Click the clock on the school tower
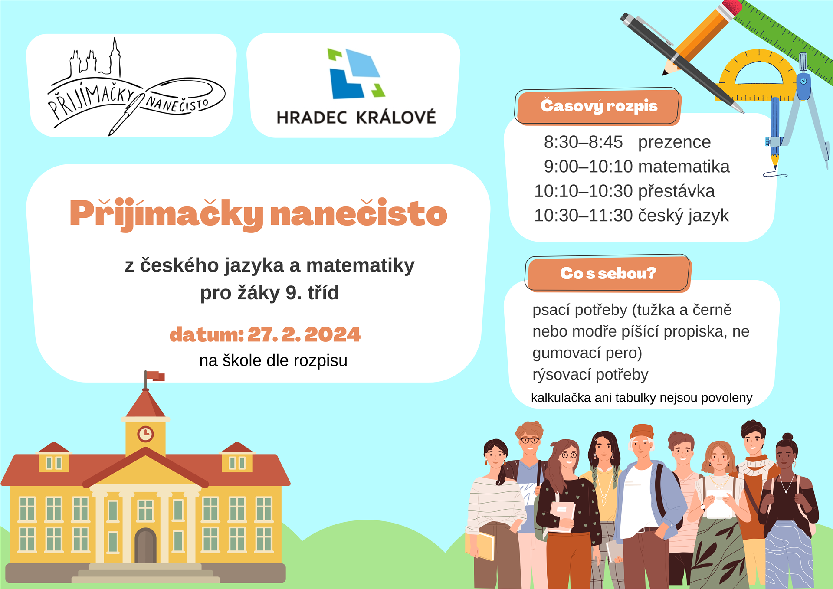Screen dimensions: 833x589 tap(145, 433)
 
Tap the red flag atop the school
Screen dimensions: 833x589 tap(155, 376)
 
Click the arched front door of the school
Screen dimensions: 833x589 tap(145, 546)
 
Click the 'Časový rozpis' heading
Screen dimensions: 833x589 tap(599, 106)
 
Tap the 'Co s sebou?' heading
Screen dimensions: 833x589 tap(608, 273)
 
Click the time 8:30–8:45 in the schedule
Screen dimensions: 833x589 tap(583, 142)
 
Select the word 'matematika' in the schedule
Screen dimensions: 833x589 tap(684, 167)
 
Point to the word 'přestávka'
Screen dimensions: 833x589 tap(676, 191)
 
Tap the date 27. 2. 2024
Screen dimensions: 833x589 tap(304, 334)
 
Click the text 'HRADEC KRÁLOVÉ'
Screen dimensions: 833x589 tap(356, 117)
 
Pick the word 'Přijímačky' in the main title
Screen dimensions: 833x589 tap(166, 214)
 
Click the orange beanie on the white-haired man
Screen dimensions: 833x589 tap(642, 432)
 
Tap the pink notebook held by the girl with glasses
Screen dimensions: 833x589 tap(562, 516)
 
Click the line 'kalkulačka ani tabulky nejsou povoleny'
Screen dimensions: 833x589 tap(642, 398)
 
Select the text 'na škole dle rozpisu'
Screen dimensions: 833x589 tap(273, 360)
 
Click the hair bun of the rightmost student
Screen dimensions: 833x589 tap(787, 437)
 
